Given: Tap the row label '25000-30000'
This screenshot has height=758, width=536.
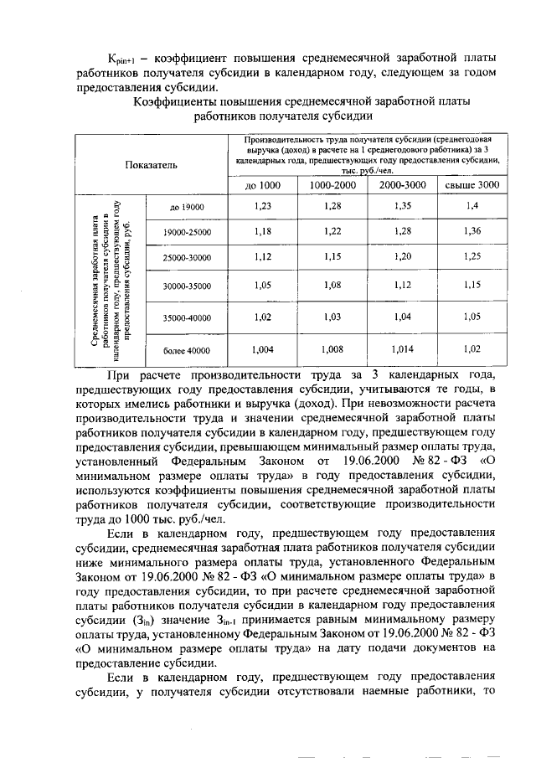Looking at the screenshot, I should tap(187, 256).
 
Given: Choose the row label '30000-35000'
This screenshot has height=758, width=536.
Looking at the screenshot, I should tap(187, 286).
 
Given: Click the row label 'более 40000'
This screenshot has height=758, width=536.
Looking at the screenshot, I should tap(187, 350).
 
